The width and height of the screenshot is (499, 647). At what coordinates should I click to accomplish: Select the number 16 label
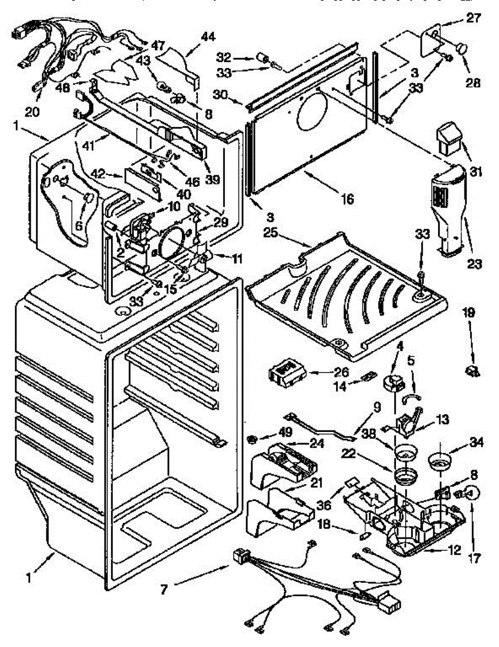tap(347, 199)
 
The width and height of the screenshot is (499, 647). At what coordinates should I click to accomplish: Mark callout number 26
tap(341, 373)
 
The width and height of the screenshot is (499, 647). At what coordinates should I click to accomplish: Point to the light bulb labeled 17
tap(471, 493)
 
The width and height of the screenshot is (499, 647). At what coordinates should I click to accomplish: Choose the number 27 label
tap(473, 17)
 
